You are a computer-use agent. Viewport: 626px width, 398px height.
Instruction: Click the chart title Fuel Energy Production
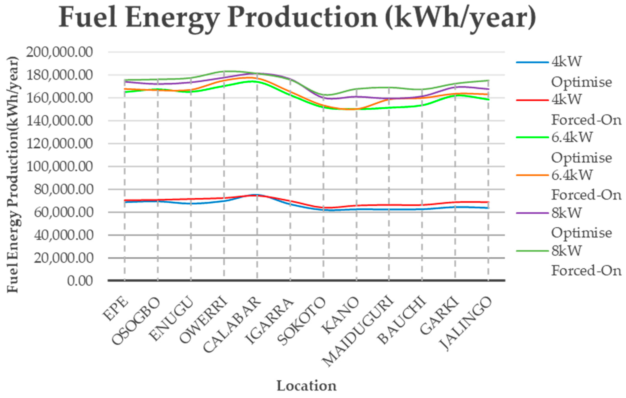[x=297, y=18]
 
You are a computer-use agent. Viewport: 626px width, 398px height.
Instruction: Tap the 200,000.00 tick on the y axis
[x=60, y=52]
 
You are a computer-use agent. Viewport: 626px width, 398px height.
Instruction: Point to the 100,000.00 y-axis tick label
[x=60, y=166]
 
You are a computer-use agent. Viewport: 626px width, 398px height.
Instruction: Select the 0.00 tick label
[x=80, y=281]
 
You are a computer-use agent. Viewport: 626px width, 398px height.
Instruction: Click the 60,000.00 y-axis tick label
[x=63, y=212]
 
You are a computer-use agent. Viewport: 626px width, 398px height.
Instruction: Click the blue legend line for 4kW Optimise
[x=532, y=62]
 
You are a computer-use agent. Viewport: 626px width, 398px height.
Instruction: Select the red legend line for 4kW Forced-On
[x=532, y=100]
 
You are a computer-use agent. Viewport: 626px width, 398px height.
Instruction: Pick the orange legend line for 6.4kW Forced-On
[x=532, y=175]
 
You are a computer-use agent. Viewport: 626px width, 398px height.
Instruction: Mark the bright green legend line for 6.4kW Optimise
[x=532, y=137]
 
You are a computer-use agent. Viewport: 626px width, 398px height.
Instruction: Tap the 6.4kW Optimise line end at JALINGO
[x=488, y=99]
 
